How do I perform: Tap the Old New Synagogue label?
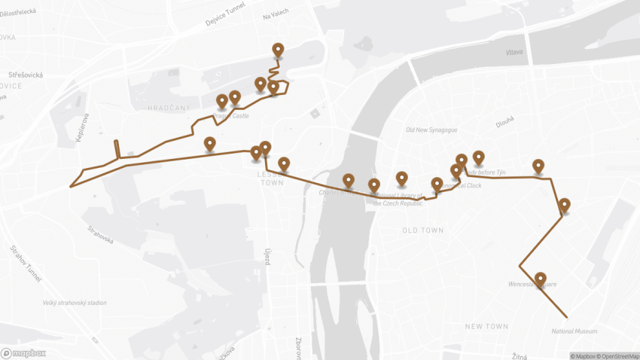(431, 130)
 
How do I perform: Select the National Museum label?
(574, 331)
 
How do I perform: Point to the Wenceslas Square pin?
(540, 279)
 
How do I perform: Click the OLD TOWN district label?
(422, 230)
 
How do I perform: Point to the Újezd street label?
(267, 256)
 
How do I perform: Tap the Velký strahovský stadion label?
(75, 303)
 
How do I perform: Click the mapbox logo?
(23, 352)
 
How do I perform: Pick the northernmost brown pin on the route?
(279, 50)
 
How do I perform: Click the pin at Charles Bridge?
(349, 181)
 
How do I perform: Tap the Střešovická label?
(27, 75)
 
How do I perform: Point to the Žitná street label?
(520, 355)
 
